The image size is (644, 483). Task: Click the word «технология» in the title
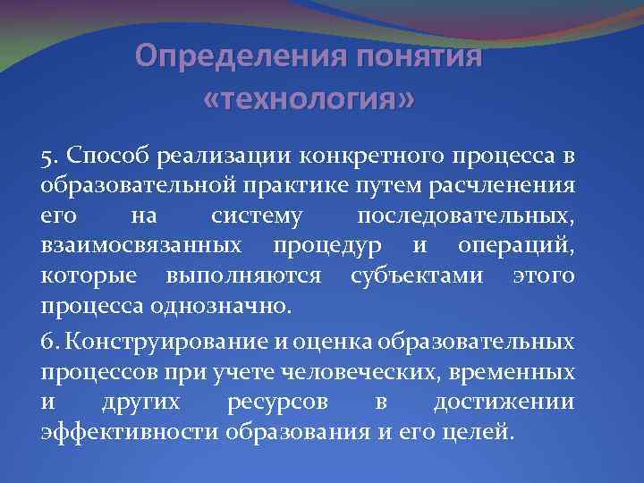point(309,97)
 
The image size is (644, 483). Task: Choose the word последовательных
point(465,219)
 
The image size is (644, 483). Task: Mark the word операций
point(522,248)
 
